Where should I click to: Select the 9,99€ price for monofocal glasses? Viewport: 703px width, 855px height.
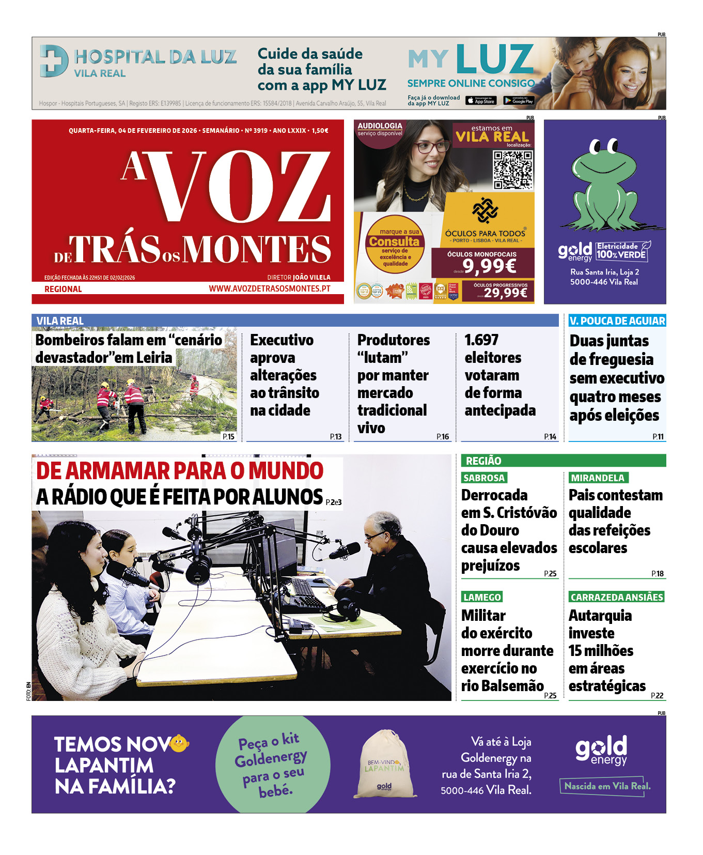pos(489,266)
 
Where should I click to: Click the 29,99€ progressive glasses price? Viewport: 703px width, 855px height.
pos(506,293)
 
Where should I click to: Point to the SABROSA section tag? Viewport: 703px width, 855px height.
pos(484,478)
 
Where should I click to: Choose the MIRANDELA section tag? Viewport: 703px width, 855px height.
pos(598,478)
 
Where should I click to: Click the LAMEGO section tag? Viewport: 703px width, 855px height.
pos(482,597)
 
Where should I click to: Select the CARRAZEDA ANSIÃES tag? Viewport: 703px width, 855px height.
pos(616,597)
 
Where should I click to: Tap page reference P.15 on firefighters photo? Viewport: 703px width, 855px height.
pos(228,437)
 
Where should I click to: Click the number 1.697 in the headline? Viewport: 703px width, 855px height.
pos(481,340)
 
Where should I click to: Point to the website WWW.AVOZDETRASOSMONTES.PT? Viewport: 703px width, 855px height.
pos(269,288)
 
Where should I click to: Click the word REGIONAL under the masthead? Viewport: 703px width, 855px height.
pos(63,289)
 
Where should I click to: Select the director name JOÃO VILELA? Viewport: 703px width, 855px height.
pos(311,278)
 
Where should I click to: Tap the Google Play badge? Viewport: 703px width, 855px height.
pos(519,101)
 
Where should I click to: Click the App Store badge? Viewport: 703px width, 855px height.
pos(481,101)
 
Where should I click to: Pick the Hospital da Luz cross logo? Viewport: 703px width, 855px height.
pos(53,61)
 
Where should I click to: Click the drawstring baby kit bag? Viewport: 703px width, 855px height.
pos(384,764)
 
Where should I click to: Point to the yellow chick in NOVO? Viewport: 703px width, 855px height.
pos(179,743)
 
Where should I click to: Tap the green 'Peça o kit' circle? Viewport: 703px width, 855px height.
pos(272,764)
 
